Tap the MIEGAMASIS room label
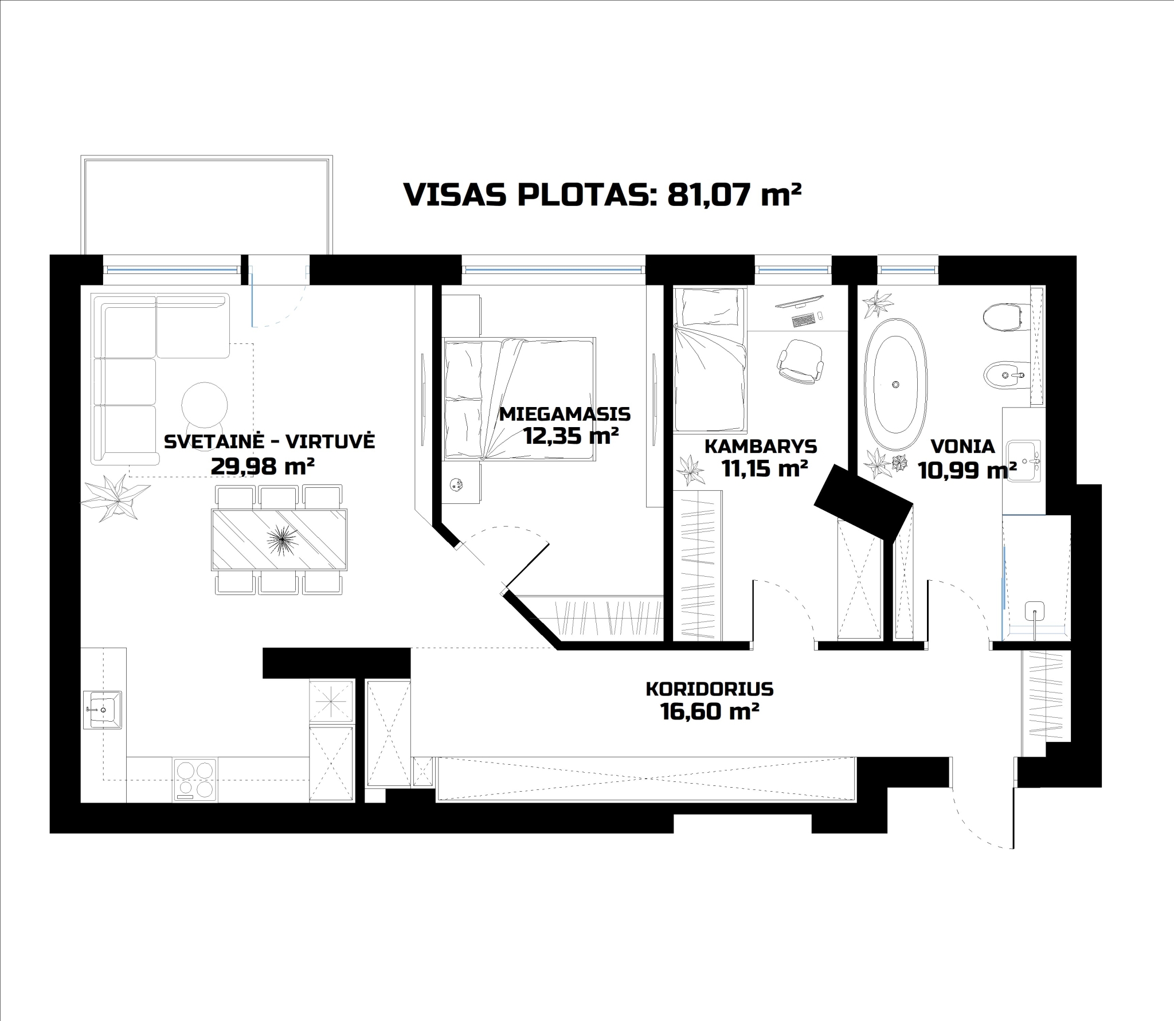565,413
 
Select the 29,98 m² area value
263,466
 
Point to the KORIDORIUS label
710,689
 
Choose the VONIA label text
962,446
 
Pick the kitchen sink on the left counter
103,709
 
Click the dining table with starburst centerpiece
280,539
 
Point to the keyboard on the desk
804,320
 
